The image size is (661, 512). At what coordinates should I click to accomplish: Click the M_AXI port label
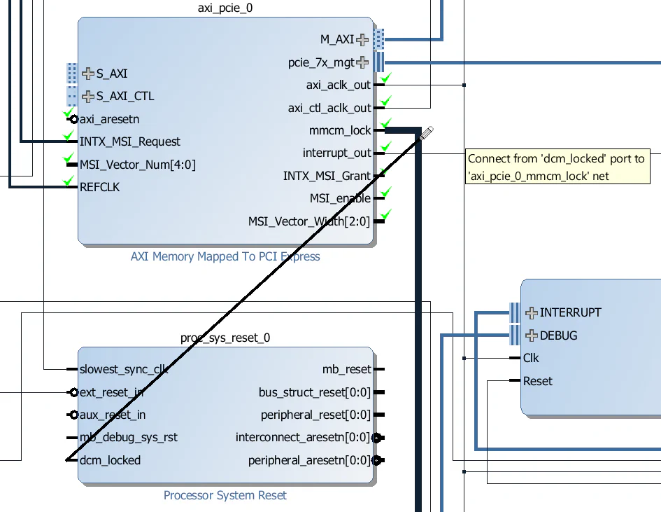tap(337, 40)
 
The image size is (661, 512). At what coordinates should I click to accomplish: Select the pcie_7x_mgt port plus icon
tap(362, 62)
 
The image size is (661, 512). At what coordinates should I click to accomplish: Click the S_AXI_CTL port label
tap(125, 96)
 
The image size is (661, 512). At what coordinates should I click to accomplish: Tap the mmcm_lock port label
tap(340, 131)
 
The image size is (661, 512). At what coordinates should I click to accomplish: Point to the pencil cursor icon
tap(427, 132)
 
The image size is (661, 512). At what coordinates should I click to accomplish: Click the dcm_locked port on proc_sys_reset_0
tap(110, 460)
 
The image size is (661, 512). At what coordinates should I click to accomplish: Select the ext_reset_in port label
tap(112, 392)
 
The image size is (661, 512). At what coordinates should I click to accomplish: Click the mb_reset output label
tap(346, 369)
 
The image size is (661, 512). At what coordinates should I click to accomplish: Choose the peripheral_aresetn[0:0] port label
tap(308, 460)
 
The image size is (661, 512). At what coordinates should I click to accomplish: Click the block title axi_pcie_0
tap(225, 8)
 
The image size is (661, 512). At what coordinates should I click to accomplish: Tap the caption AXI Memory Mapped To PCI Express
tap(225, 256)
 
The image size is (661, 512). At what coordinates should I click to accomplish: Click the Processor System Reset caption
tap(225, 495)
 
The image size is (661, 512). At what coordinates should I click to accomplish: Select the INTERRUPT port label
tap(570, 312)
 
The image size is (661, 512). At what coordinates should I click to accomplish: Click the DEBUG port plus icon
tap(531, 335)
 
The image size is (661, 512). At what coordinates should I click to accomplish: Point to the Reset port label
tap(537, 381)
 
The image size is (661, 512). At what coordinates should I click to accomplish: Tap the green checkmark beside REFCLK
tap(69, 181)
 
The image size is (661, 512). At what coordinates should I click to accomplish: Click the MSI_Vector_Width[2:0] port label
tap(308, 221)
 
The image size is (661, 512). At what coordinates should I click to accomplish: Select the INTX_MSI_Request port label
tap(130, 141)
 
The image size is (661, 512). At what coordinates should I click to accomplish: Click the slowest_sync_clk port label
tap(124, 369)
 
